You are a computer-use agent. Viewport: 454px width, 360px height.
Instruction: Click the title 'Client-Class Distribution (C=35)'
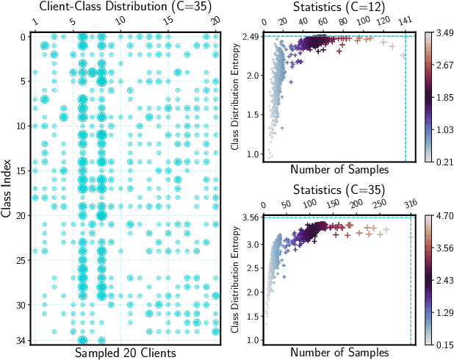pyautogui.click(x=123, y=8)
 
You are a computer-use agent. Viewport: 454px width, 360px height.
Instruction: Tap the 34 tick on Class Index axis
pyautogui.click(x=23, y=340)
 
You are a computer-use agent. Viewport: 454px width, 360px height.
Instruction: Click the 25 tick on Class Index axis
pyautogui.click(x=23, y=260)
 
